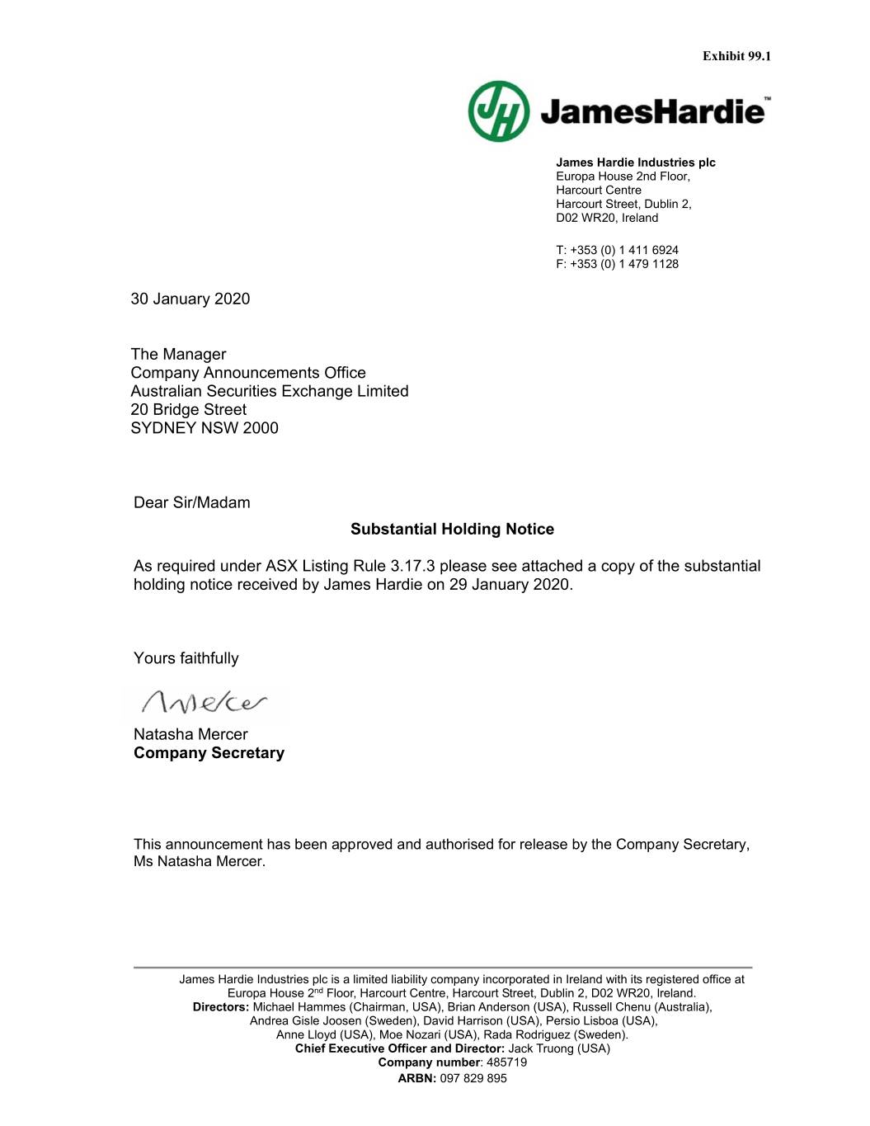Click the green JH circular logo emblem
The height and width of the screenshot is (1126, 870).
click(498, 111)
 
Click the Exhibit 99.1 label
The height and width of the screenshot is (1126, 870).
click(736, 56)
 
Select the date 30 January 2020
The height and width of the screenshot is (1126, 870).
click(190, 299)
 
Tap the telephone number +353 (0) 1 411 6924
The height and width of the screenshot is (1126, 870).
click(624, 250)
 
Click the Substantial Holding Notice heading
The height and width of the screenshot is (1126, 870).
click(452, 529)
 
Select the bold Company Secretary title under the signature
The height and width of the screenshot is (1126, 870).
click(209, 752)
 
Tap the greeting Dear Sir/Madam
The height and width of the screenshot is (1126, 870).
click(191, 502)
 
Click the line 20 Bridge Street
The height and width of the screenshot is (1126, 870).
click(188, 409)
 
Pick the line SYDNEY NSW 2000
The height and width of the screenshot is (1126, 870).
click(205, 427)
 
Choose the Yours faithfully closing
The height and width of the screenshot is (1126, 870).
click(186, 657)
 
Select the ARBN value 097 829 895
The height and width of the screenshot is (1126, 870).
click(473, 1078)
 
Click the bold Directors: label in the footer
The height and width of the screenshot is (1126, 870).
click(221, 1006)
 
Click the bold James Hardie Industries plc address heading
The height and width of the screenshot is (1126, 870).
click(635, 163)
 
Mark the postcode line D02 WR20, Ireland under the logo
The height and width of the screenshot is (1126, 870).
click(606, 218)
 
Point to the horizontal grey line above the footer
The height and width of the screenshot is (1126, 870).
click(443, 967)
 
